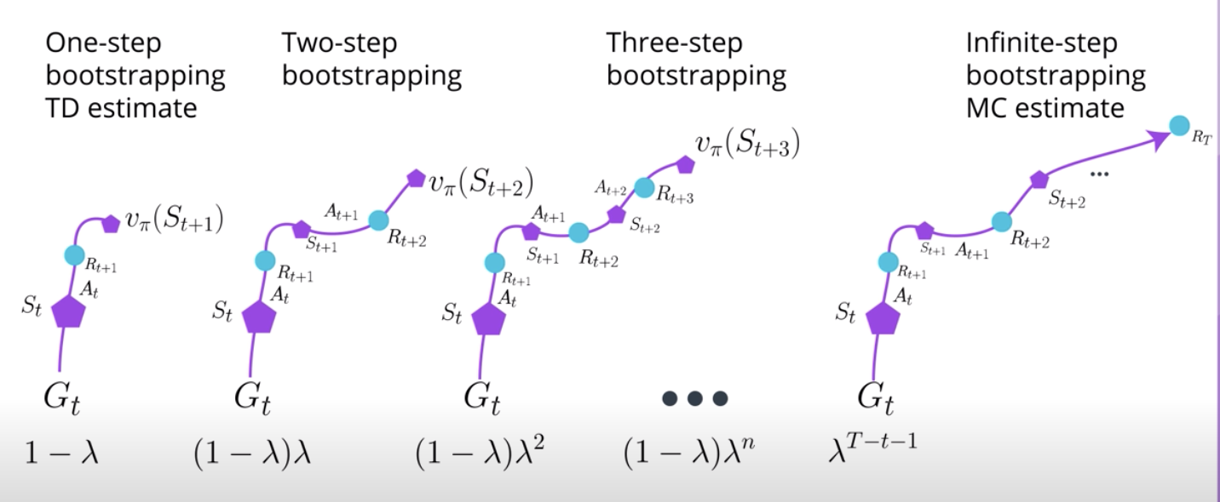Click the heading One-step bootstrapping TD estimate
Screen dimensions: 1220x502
click(x=135, y=75)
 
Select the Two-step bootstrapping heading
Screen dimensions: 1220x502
click(x=371, y=59)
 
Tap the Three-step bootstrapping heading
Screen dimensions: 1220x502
click(x=696, y=59)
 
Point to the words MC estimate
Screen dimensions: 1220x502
click(x=1044, y=108)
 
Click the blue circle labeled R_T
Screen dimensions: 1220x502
click(x=1179, y=126)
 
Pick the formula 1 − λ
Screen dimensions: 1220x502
click(x=61, y=453)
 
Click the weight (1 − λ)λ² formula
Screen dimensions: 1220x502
click(x=480, y=452)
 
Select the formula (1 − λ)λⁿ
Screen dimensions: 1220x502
click(x=689, y=452)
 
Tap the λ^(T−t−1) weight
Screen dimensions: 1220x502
click(x=872, y=447)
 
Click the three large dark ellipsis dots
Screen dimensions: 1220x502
click(x=694, y=399)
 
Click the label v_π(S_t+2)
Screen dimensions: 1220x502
click(x=481, y=183)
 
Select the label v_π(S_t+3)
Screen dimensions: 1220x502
click(x=747, y=144)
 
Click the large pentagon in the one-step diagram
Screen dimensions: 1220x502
click(x=68, y=312)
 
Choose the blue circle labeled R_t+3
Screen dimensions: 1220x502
click(x=644, y=188)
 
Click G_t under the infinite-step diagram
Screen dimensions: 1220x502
click(x=875, y=399)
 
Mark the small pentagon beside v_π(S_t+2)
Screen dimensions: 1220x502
click(x=416, y=179)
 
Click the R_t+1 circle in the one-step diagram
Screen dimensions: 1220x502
click(x=74, y=254)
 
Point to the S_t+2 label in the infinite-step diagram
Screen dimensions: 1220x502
click(x=1067, y=200)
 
